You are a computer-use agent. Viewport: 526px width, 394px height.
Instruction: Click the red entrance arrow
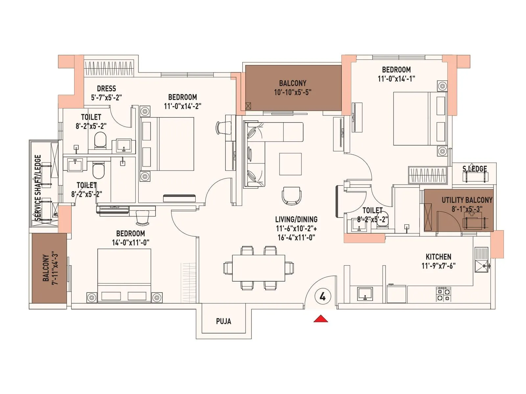pos(321,319)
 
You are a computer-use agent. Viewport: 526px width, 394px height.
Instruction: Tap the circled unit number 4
pos(322,296)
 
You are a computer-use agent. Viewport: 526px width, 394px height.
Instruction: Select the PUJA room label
pos(224,321)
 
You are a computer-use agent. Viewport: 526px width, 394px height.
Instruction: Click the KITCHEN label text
pos(438,257)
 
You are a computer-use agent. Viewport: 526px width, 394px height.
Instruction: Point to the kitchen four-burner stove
pos(443,294)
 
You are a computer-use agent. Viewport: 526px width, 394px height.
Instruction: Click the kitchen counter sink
pos(365,294)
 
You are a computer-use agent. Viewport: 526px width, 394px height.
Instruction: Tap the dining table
pos(258,268)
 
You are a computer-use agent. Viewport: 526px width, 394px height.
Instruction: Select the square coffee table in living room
pos(290,164)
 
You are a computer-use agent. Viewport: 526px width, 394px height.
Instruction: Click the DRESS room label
pos(106,89)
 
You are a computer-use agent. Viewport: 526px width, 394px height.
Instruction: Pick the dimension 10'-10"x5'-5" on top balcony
pos(293,92)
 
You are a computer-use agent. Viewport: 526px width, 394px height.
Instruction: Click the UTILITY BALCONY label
pos(467,200)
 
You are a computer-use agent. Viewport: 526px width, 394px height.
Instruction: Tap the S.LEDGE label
pos(474,169)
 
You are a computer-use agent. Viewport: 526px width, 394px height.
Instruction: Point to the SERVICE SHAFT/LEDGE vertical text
pos(38,187)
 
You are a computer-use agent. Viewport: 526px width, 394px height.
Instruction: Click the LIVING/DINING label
pos(296,219)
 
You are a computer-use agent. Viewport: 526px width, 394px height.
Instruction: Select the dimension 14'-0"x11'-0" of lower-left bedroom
pos(131,243)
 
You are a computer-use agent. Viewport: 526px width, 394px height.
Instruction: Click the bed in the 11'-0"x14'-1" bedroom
pos(416,119)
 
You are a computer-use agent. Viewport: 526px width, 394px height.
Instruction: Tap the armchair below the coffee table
pos(291,196)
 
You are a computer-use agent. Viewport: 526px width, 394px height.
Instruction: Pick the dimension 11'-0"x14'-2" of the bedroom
pos(182,106)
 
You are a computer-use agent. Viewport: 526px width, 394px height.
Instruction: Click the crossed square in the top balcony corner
pos(248,106)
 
